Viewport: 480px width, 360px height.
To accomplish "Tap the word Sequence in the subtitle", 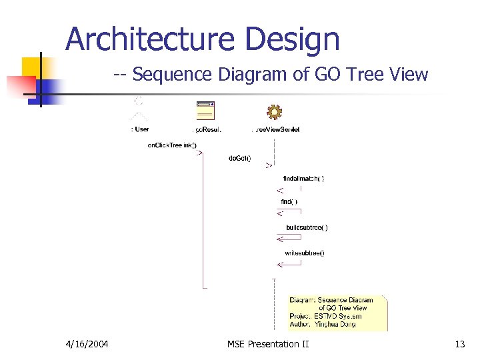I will [x=175, y=74].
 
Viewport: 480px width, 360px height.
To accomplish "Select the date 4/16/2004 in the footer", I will [x=87, y=344].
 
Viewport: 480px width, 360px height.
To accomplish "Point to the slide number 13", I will [x=459, y=344].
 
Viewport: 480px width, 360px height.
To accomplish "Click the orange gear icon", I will [x=273, y=111].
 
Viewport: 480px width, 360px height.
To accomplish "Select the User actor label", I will [x=139, y=129].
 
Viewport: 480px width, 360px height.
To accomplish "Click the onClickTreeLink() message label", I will [x=172, y=145].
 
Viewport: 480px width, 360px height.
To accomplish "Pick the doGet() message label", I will [x=240, y=158].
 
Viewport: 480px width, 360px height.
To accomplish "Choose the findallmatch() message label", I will [x=303, y=179].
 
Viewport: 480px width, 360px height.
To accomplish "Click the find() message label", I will [x=289, y=201].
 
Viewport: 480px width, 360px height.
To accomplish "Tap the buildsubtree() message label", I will [x=307, y=227].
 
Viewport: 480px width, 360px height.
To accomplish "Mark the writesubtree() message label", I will [x=304, y=253].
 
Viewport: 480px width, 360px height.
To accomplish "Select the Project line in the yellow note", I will [x=326, y=316].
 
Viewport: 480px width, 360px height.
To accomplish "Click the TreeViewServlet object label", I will [x=275, y=129].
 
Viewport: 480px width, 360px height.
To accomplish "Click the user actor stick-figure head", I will [x=139, y=101].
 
